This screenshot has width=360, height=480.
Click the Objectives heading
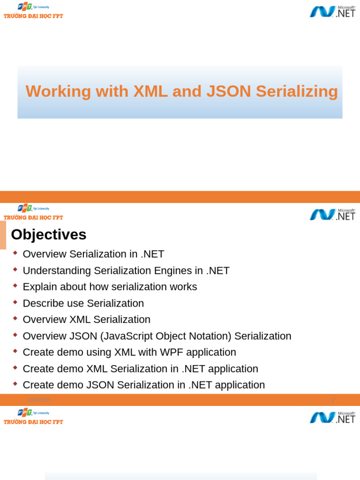tap(49, 234)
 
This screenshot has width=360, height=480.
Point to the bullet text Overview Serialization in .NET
tap(93, 254)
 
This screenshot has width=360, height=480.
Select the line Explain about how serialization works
tap(110, 287)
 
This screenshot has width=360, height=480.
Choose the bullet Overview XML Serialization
tap(86, 320)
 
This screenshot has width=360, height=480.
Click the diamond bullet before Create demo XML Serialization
tap(15, 367)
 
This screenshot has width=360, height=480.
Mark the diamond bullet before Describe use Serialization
tap(15, 302)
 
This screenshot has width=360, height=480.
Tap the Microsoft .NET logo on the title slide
tap(332, 11)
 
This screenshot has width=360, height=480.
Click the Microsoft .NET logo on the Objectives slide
tap(332, 214)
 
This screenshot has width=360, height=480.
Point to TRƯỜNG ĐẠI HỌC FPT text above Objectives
tap(33, 217)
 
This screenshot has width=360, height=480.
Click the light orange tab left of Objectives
tap(3, 235)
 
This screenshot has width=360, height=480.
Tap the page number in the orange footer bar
tap(333, 400)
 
